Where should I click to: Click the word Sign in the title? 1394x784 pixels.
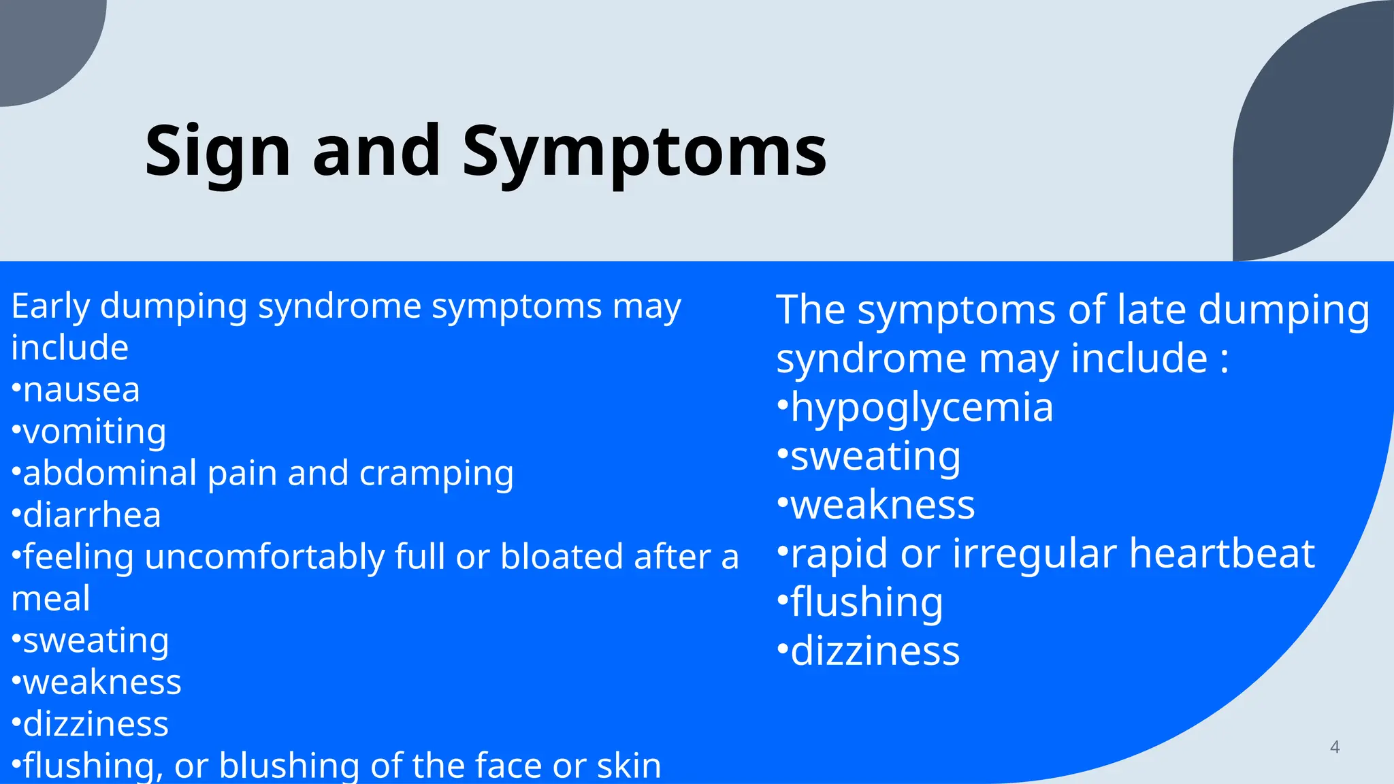[x=218, y=151]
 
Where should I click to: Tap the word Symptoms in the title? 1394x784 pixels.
[x=644, y=151]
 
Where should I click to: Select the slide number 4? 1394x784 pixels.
[x=1334, y=747]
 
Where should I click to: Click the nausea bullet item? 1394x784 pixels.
[x=81, y=390]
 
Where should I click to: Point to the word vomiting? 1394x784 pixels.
[x=95, y=432]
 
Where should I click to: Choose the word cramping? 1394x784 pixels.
[x=436, y=474]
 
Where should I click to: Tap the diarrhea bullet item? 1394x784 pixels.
[x=92, y=515]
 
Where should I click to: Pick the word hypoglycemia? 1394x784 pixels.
[x=922, y=408]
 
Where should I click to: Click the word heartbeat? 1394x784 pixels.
[x=1222, y=553]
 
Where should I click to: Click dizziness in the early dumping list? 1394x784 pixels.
[x=95, y=724]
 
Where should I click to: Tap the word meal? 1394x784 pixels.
[x=50, y=599]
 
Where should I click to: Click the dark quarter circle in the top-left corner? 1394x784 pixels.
[x=41, y=41]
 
